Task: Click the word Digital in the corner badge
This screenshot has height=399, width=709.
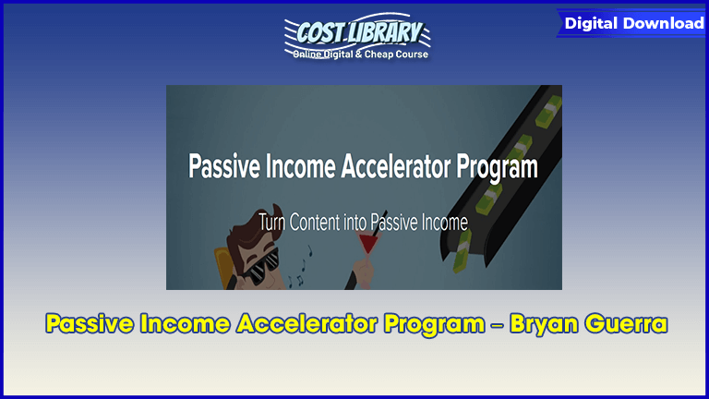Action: [591, 23]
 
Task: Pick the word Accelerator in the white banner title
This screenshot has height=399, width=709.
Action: [396, 166]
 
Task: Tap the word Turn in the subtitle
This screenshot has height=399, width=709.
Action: [271, 222]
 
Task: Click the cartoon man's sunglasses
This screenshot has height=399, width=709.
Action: [259, 268]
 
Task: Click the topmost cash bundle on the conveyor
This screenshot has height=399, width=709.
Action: [548, 110]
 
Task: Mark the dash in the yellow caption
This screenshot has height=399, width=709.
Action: [497, 325]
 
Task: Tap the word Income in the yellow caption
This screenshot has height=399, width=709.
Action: [185, 324]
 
